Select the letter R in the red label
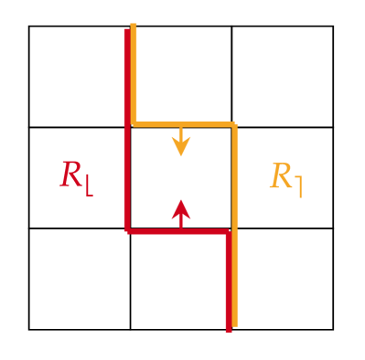[x=70, y=175]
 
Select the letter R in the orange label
[x=280, y=175]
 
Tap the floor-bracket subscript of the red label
[x=88, y=186]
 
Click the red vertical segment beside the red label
[x=127, y=177]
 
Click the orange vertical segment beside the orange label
[x=235, y=177]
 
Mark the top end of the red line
[x=127, y=30]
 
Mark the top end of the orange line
[x=134, y=25]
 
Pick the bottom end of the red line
[x=228, y=328]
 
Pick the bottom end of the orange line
[x=235, y=324]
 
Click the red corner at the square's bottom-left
[x=127, y=231]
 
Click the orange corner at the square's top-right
[x=235, y=123]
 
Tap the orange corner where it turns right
[x=134, y=123]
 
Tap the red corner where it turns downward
[x=228, y=231]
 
